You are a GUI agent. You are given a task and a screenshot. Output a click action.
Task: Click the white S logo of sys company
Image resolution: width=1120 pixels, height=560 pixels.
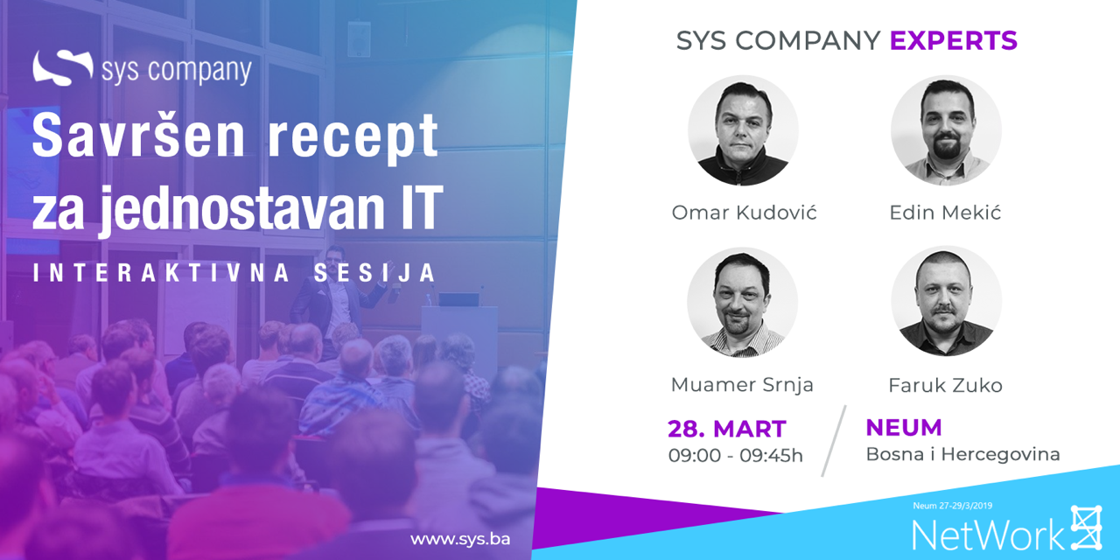62,67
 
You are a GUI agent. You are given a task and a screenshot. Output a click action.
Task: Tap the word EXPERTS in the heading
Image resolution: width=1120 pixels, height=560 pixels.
954,40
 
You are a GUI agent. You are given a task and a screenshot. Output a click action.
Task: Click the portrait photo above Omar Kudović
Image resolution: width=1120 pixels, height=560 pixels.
743,131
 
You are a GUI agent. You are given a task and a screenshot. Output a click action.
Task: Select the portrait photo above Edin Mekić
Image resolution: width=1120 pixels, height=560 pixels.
946,131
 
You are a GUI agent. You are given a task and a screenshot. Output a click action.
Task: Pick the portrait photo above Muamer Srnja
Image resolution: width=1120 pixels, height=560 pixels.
743,302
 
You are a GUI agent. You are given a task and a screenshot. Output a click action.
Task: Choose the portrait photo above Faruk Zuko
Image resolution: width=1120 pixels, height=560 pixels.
946,301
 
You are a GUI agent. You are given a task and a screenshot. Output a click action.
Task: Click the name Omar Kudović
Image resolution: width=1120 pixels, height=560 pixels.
744,213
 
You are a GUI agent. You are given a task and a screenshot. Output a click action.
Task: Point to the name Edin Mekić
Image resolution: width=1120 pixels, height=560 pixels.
945,213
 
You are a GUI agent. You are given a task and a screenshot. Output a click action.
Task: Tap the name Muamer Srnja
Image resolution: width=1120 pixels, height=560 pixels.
742,385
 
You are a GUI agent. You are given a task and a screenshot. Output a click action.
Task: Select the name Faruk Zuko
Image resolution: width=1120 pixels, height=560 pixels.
946,386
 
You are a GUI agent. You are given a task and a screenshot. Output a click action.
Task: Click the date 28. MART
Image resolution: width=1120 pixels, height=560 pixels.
727,429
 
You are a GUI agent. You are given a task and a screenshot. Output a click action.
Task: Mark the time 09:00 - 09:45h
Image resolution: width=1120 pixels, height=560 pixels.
736,456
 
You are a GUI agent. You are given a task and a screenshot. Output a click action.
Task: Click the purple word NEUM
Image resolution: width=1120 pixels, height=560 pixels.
904,428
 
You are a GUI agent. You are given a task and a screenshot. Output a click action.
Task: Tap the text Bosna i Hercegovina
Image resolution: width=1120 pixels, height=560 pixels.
963,454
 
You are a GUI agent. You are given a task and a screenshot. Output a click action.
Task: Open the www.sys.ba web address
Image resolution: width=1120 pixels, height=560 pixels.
460,540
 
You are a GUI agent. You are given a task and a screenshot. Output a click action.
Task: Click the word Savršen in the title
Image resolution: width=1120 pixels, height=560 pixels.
139,136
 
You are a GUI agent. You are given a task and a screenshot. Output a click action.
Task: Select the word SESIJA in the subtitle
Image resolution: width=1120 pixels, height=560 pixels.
375,273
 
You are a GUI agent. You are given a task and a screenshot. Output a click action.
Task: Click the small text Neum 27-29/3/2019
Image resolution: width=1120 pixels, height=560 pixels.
953,506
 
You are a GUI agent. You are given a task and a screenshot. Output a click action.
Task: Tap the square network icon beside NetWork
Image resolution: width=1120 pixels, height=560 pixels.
1086,527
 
